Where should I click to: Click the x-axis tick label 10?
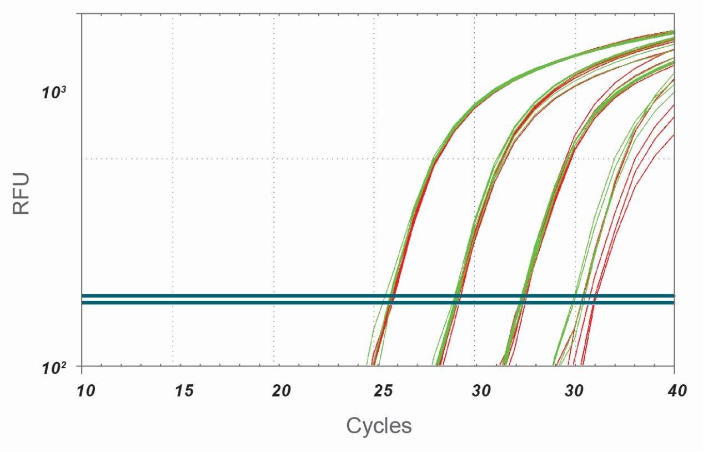tap(86, 390)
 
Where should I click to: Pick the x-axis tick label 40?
tap(674, 390)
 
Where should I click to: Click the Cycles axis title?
tap(379, 426)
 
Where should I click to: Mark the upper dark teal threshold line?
tap(222, 295)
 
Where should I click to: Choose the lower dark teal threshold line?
tap(222, 303)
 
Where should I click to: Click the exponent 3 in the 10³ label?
tap(63, 88)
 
